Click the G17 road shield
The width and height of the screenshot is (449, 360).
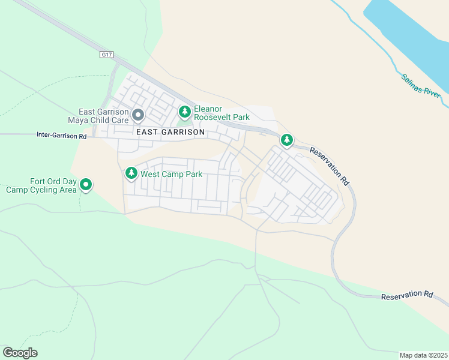tap(107, 55)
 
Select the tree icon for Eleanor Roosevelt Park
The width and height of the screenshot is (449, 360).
tap(185, 111)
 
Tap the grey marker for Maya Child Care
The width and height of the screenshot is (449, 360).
tap(138, 114)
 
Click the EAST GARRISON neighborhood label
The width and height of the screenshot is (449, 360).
tap(170, 131)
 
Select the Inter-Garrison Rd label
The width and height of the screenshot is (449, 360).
tap(62, 136)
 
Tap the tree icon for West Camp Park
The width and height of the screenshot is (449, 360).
tap(131, 173)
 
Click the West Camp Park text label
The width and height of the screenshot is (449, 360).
tap(171, 175)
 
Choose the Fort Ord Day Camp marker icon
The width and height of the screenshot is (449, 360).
tap(86, 185)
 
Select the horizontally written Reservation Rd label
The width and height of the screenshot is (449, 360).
tap(408, 295)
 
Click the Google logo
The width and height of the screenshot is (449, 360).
tap(20, 353)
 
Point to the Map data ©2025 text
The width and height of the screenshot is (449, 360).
tap(424, 355)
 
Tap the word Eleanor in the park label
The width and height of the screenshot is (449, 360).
tap(208, 109)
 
